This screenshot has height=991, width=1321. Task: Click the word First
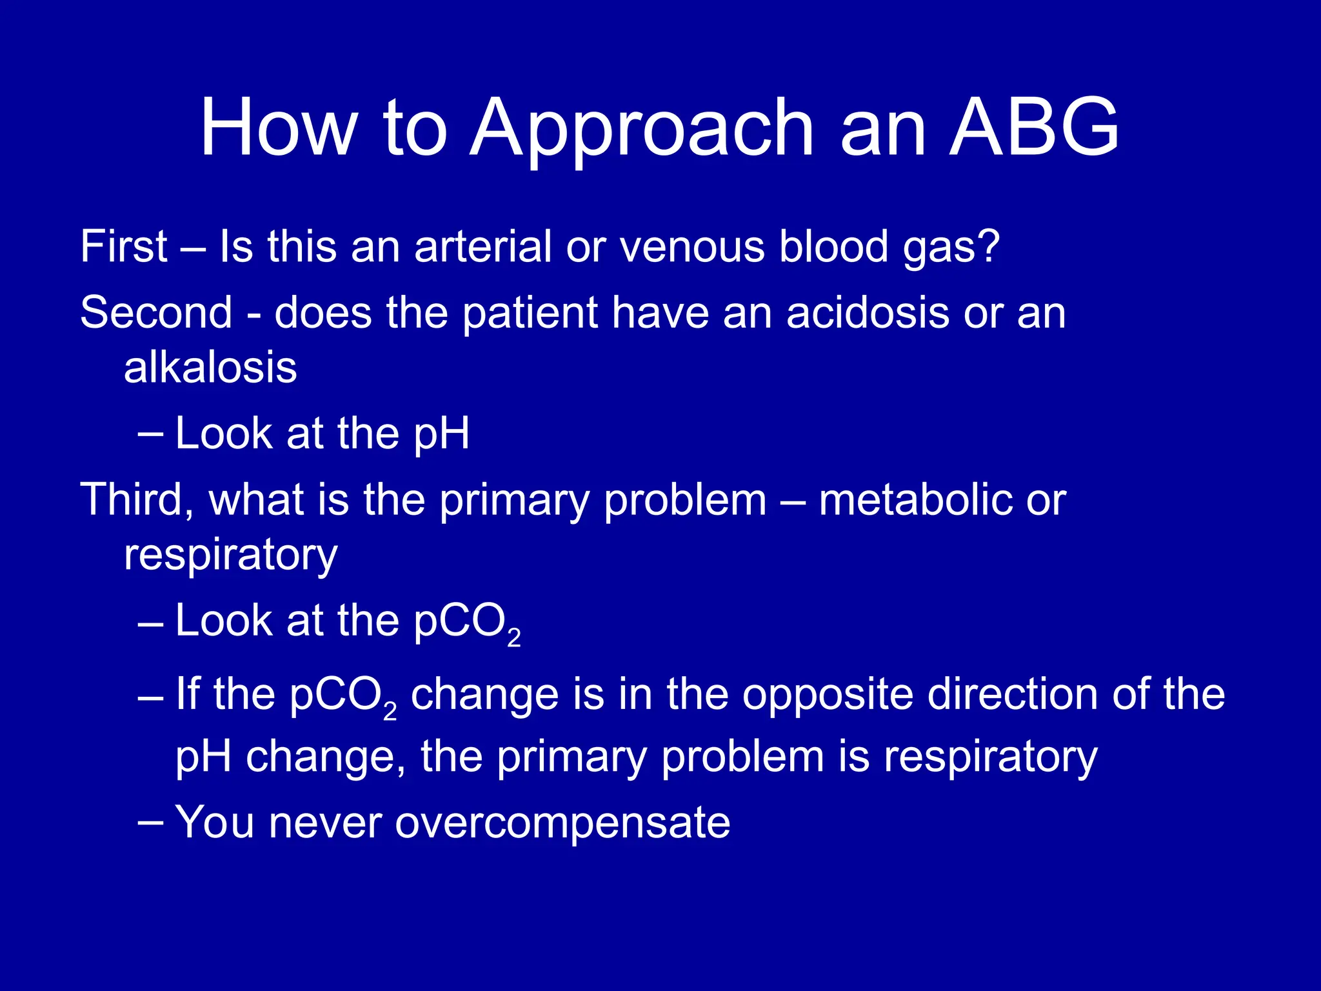tap(124, 246)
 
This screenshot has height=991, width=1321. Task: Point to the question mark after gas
tap(987, 246)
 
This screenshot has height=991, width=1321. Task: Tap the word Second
tap(156, 313)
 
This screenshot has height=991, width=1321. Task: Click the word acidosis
tap(868, 313)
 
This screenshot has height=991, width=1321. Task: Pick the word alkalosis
tap(210, 368)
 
